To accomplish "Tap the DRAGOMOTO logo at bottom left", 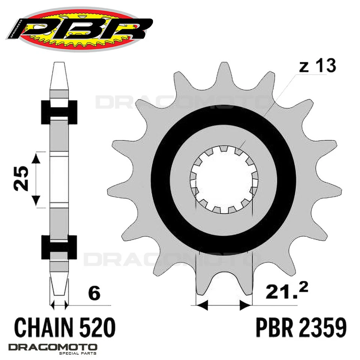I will click(x=53, y=347).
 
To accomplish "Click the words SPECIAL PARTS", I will click(x=79, y=354).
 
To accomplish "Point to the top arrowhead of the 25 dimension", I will click(x=36, y=157).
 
